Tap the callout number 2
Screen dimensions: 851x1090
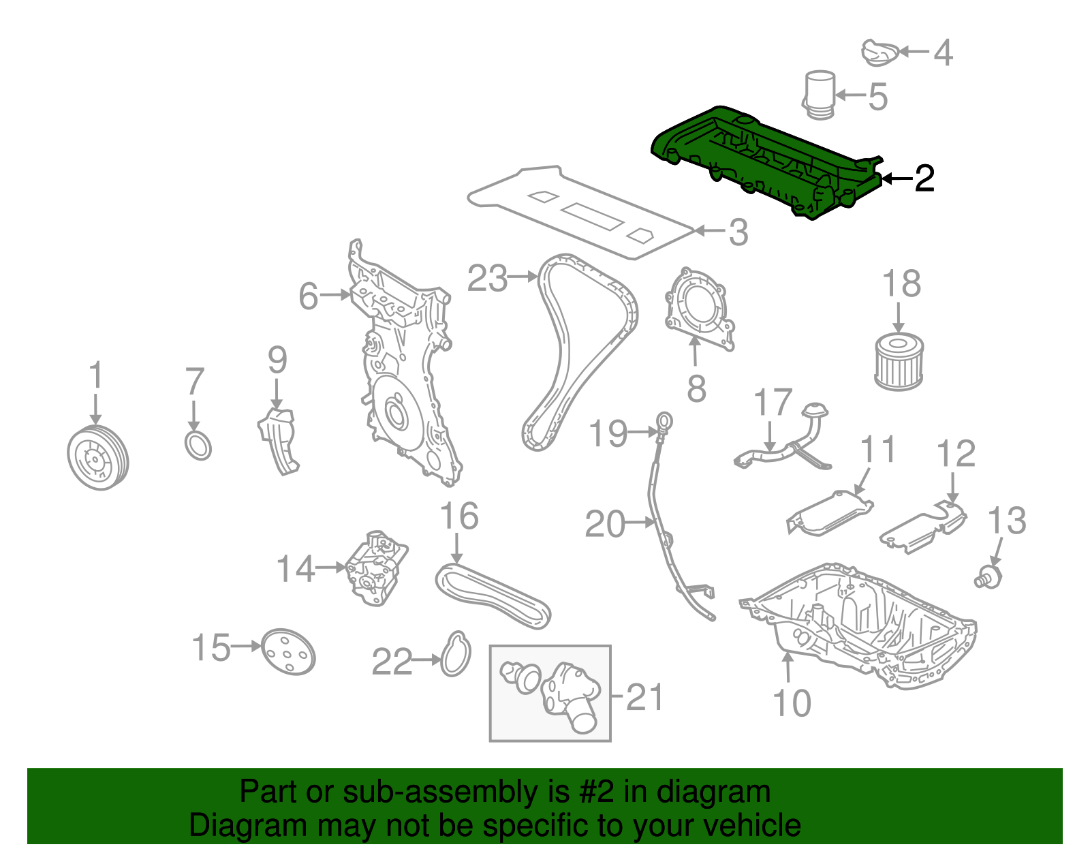tap(924, 179)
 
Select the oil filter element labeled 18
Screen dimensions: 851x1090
tap(899, 362)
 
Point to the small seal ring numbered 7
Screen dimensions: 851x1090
tap(198, 446)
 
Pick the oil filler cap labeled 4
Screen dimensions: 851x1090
tap(881, 53)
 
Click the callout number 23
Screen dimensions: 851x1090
tap(487, 278)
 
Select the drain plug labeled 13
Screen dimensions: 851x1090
tap(988, 576)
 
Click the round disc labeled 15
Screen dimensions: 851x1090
tap(288, 651)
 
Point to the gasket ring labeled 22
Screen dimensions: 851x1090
tap(456, 655)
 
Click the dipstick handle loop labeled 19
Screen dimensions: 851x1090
tap(664, 423)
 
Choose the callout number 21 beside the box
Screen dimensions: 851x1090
tap(644, 697)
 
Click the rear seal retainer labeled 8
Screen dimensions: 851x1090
tap(698, 309)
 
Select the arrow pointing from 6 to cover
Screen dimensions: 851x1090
tap(337, 295)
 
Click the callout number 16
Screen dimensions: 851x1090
tap(459, 516)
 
